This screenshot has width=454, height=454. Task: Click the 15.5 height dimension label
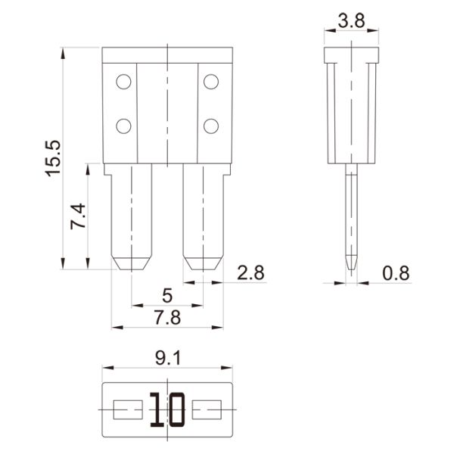point(52,157)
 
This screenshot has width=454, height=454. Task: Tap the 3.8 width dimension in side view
point(351,21)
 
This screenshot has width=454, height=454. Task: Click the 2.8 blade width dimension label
point(250,273)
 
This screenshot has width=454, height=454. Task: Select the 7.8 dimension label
point(166,318)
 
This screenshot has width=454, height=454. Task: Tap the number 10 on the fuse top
point(167,411)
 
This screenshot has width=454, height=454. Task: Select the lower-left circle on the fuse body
point(122,125)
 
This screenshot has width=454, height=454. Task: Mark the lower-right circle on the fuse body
point(211,125)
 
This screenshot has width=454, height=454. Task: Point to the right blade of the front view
point(202,216)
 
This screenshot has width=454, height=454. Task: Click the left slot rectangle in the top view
point(127,411)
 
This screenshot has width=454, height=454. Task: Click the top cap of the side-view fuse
point(351,55)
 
